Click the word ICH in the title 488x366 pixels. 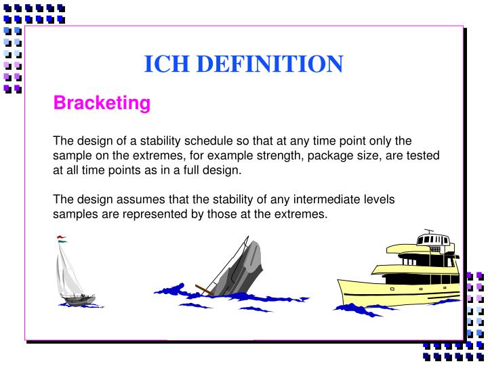click(164, 64)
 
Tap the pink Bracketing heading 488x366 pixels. click(102, 103)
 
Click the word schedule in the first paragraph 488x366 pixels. click(209, 141)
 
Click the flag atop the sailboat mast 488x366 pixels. click(62, 239)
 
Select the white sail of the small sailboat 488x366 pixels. click(69, 271)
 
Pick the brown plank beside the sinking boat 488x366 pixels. click(204, 290)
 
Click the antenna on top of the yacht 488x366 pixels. click(426, 232)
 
